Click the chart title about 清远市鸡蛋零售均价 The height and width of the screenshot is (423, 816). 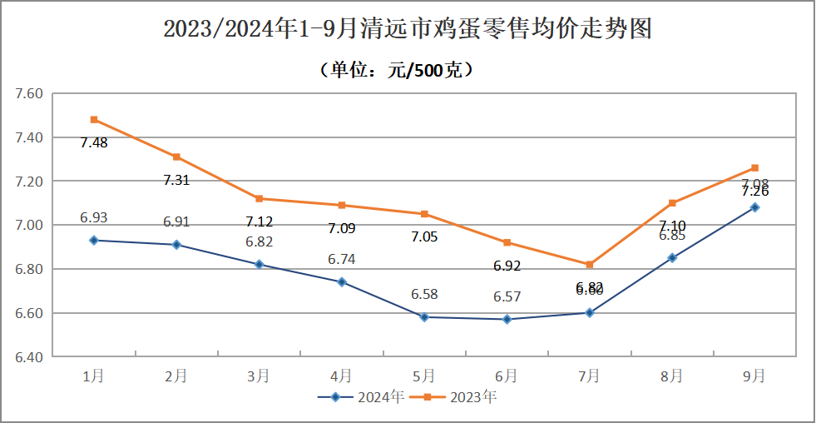[x=408, y=29]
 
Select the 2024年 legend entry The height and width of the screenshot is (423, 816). [x=363, y=397]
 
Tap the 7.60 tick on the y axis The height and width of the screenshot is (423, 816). [x=28, y=93]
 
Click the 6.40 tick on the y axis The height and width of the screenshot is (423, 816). [x=28, y=357]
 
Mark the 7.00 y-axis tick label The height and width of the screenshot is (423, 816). [x=28, y=225]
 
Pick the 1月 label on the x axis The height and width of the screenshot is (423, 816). [x=94, y=376]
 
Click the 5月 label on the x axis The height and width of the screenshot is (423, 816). [x=424, y=376]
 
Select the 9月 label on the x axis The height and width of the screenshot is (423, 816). [x=754, y=376]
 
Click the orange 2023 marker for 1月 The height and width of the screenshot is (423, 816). [x=94, y=120]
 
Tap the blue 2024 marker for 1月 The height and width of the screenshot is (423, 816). [x=94, y=241]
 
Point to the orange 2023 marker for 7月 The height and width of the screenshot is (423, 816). [x=590, y=265]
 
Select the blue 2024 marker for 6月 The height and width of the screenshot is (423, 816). [x=507, y=320]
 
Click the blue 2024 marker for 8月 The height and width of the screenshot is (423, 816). [x=672, y=258]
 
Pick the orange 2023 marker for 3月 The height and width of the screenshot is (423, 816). [x=259, y=199]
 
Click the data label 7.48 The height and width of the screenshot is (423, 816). [x=94, y=142]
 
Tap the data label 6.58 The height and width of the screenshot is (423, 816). [x=424, y=295]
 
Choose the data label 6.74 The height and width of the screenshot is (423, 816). [x=341, y=260]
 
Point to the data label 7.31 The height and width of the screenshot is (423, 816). [x=176, y=180]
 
